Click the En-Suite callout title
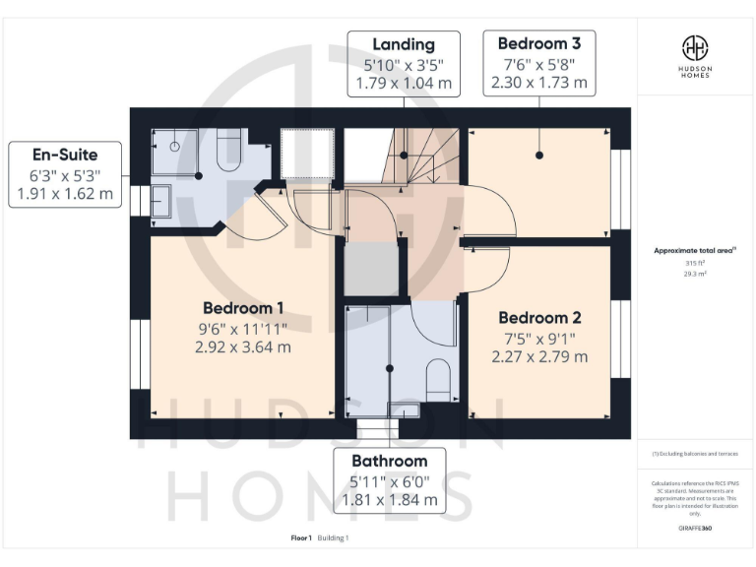click(65, 155)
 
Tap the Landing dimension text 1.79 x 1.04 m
click(404, 84)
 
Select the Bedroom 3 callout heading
click(538, 43)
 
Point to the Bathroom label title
click(390, 461)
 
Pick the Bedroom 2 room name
click(539, 317)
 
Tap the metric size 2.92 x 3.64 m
click(244, 346)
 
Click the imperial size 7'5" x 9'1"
click(539, 337)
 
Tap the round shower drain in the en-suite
click(174, 145)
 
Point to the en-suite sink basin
click(161, 202)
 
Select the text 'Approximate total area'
click(694, 251)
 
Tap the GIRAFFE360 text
click(695, 529)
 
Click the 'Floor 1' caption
click(301, 538)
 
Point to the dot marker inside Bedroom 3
click(539, 156)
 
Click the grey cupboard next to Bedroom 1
click(370, 269)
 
